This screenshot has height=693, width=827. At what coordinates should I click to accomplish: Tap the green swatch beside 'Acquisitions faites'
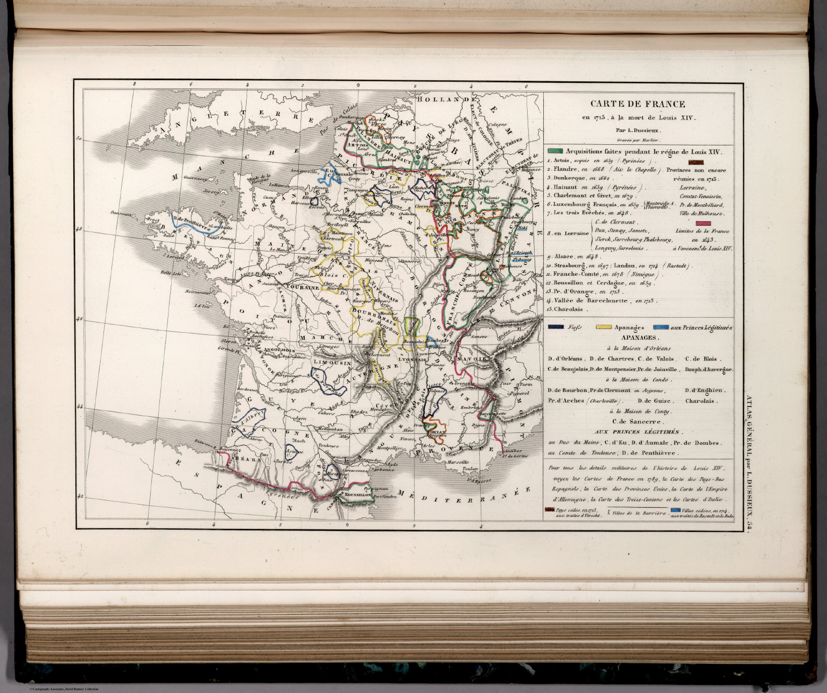click(x=556, y=152)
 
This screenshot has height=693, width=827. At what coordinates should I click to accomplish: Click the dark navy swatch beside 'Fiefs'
click(x=555, y=327)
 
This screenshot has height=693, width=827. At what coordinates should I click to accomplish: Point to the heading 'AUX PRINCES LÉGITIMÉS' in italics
click(x=637, y=432)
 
